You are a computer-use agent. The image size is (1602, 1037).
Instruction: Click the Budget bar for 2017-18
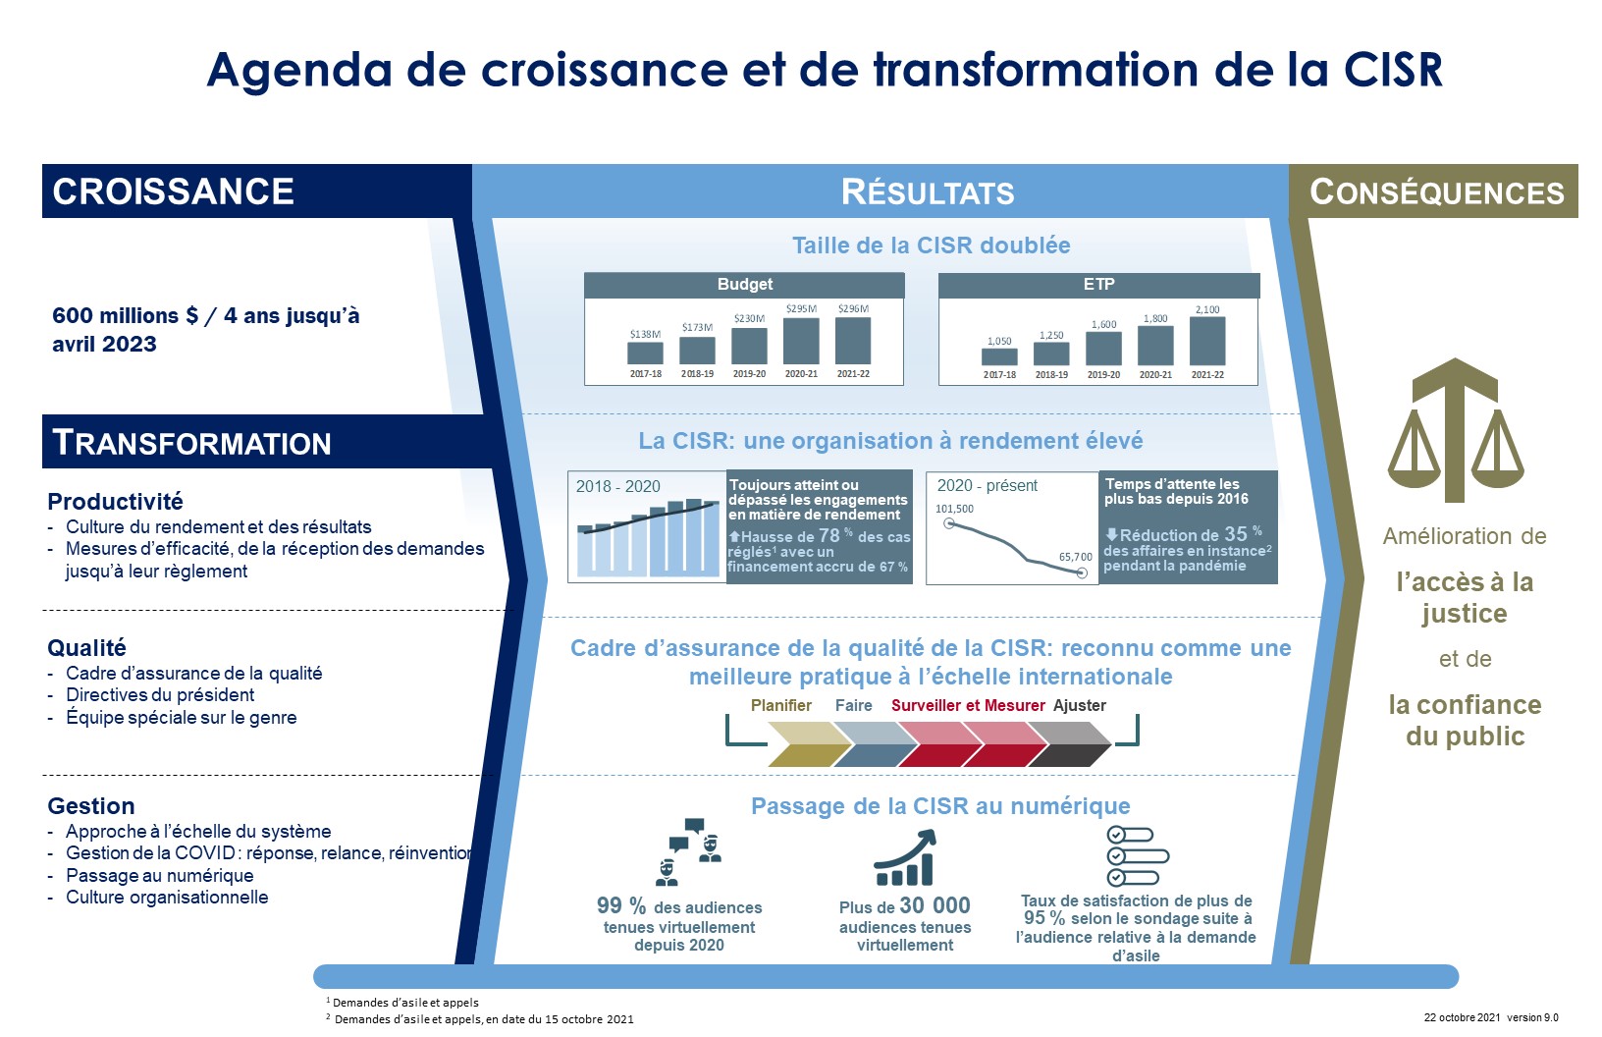(x=645, y=353)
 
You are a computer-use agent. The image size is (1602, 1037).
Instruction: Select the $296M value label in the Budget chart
(x=853, y=308)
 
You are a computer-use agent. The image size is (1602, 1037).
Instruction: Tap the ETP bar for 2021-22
(x=1207, y=342)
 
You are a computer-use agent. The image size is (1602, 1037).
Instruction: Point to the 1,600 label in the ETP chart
(x=1103, y=324)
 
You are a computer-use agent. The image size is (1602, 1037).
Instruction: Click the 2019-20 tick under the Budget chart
(x=749, y=373)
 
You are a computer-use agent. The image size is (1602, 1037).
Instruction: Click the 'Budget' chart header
(x=744, y=284)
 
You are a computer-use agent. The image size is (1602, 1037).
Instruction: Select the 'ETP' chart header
(x=1098, y=284)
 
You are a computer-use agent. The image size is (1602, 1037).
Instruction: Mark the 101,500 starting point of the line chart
(x=949, y=523)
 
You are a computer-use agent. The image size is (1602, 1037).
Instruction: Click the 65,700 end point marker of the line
(x=1082, y=573)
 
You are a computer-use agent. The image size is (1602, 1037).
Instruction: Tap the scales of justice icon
(x=1456, y=429)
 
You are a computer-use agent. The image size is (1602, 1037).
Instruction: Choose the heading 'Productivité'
(x=115, y=501)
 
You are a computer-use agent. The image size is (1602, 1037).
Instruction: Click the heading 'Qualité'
(x=86, y=648)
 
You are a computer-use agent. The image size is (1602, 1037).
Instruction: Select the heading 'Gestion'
(x=91, y=806)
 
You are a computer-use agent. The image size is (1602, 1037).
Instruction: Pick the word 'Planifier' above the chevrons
(x=781, y=705)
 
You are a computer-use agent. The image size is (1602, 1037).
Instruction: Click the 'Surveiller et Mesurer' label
(x=968, y=705)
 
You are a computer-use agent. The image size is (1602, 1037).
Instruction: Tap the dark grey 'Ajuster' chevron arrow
(x=1069, y=744)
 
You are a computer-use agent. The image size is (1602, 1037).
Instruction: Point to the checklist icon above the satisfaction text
(x=1137, y=856)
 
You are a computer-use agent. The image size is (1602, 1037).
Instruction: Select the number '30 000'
(x=934, y=905)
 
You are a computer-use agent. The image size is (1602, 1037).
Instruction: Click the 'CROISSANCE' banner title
(x=173, y=191)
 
